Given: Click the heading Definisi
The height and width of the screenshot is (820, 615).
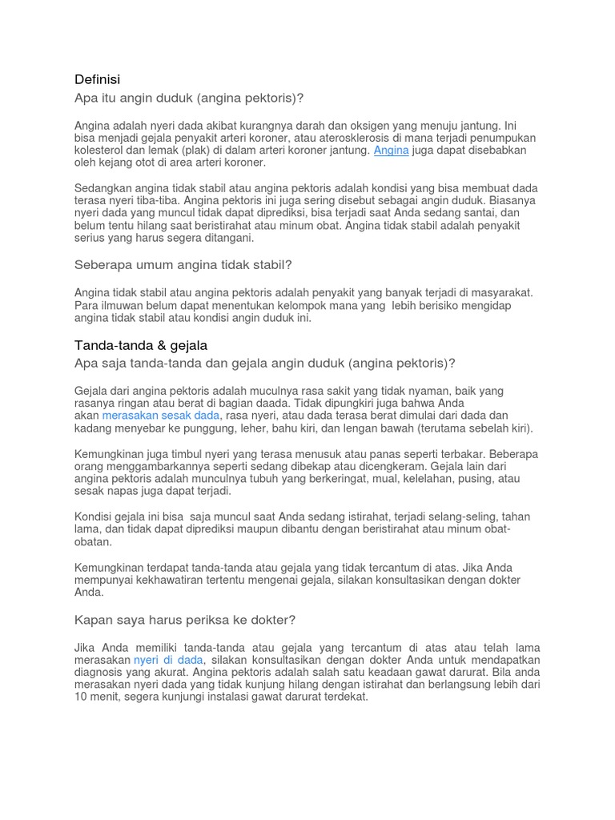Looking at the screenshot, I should pyautogui.click(x=97, y=79).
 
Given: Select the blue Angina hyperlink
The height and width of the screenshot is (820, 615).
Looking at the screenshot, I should pyautogui.click(x=391, y=150).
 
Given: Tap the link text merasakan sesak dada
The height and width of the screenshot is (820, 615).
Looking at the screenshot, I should pyautogui.click(x=160, y=416).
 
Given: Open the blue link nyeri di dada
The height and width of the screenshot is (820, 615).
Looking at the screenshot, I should pyautogui.click(x=168, y=660).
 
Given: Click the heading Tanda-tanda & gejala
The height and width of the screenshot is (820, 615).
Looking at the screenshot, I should pyautogui.click(x=141, y=345).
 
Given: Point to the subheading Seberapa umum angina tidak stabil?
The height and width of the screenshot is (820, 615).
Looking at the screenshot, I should pyautogui.click(x=183, y=264).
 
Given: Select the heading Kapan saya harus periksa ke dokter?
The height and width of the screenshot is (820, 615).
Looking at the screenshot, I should pyautogui.click(x=185, y=620).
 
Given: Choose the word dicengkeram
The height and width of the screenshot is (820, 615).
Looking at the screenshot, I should pyautogui.click(x=396, y=466).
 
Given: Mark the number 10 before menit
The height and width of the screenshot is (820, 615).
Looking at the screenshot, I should pyautogui.click(x=82, y=697).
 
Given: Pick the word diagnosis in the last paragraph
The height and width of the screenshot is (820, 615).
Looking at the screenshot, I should pyautogui.click(x=100, y=672).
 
